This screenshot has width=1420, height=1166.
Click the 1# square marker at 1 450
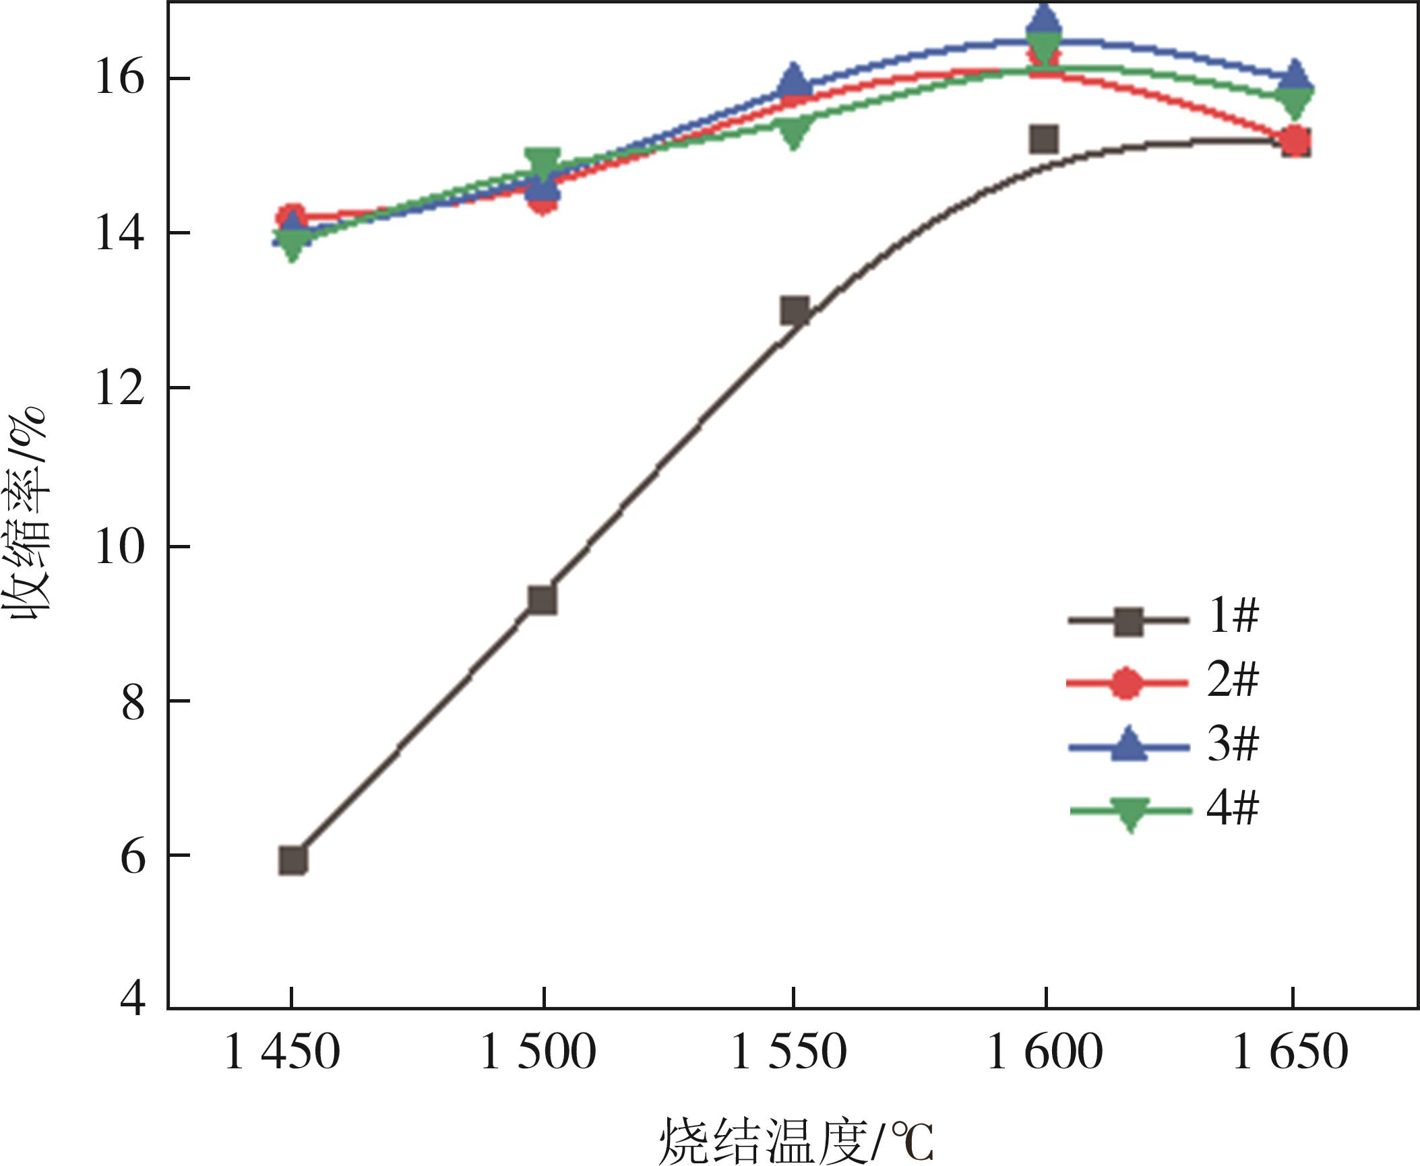(x=293, y=860)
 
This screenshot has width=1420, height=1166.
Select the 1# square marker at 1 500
(x=543, y=599)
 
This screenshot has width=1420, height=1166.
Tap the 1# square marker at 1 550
(x=795, y=311)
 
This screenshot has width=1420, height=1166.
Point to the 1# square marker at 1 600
(x=1044, y=139)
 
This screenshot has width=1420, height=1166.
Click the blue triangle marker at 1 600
(x=1044, y=20)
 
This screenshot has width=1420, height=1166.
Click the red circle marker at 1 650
(x=1295, y=141)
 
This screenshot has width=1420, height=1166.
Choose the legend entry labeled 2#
(x=1163, y=682)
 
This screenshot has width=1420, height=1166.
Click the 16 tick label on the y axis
(x=120, y=78)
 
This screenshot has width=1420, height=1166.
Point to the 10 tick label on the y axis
(x=120, y=546)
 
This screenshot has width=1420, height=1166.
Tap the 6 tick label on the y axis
(x=133, y=857)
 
